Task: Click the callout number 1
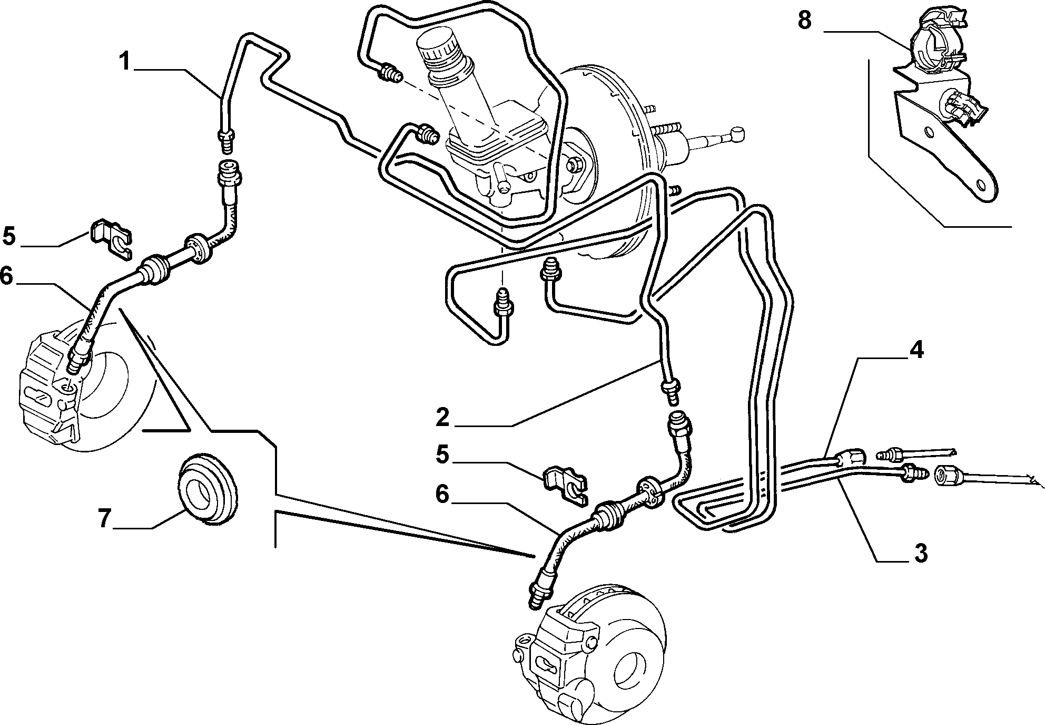tap(124, 62)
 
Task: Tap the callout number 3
tap(920, 553)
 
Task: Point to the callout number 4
tap(917, 350)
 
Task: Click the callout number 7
tap(104, 519)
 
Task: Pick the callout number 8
tap(804, 21)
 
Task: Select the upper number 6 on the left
tap(6, 276)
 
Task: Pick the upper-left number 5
tap(9, 236)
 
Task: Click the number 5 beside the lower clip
tap(442, 454)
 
